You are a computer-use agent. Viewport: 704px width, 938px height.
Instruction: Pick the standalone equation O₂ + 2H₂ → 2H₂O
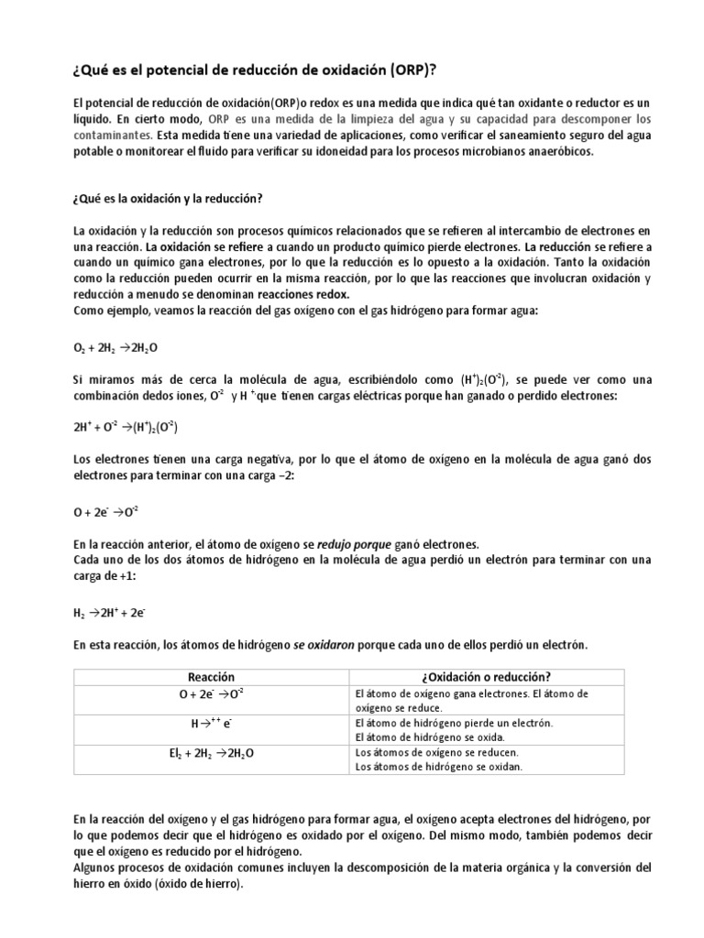tap(107, 348)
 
